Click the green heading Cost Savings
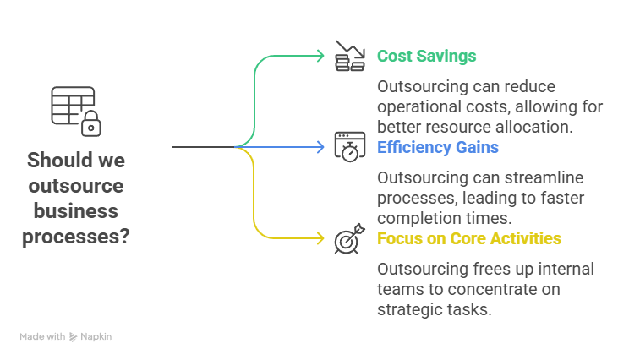426,57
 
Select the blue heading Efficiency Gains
437,148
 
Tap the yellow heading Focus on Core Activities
468,238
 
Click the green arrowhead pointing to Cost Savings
320,57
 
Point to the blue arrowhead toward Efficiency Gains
320,147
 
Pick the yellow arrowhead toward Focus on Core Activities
320,238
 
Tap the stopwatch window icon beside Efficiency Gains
348,146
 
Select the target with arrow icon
348,238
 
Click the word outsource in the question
76,186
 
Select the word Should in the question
57,160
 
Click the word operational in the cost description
416,107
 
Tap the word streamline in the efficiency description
557,178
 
